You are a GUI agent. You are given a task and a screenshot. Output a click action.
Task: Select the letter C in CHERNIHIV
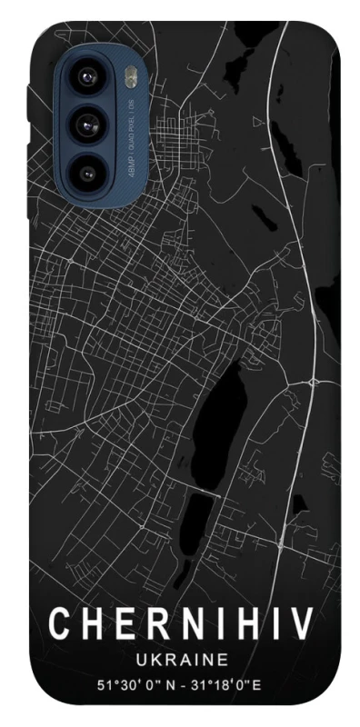click(x=59, y=625)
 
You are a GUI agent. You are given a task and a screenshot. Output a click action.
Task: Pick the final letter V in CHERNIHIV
click(x=304, y=625)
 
